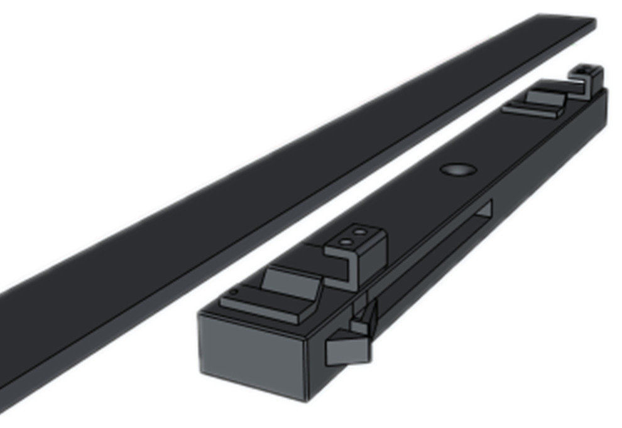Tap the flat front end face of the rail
click(251, 351)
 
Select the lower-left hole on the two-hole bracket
click(344, 241)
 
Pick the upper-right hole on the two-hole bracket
click(360, 232)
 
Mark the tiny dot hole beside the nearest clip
click(234, 292)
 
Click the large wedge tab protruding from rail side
click(346, 350)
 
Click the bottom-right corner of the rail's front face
click(306, 399)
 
